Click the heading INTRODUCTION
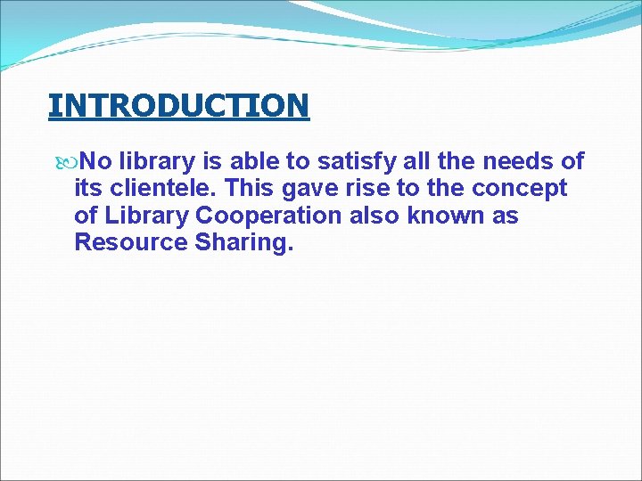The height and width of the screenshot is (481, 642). tap(178, 105)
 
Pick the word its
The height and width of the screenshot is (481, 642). tap(88, 189)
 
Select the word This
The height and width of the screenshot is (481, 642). tap(256, 189)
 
